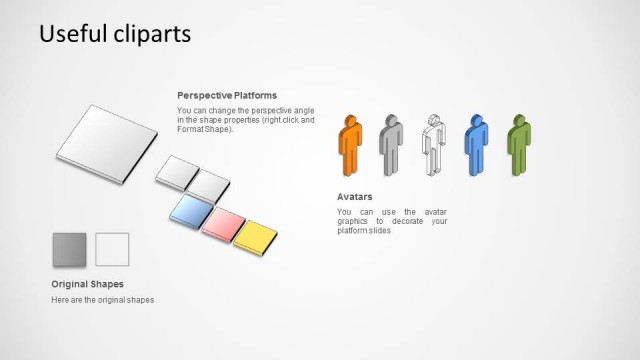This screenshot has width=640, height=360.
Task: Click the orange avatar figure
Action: [350, 147]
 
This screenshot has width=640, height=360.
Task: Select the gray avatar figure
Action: [390, 147]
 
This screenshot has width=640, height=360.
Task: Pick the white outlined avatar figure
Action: [432, 147]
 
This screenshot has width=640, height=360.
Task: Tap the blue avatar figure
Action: [476, 147]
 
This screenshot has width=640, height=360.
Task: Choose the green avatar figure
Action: [518, 147]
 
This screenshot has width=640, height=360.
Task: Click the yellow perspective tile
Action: [256, 235]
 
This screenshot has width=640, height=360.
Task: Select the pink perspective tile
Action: [223, 223]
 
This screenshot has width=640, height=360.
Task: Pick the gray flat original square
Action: [69, 249]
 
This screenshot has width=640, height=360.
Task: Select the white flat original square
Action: [112, 249]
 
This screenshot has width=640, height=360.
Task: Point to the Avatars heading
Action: [355, 197]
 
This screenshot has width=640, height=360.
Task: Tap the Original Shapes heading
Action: [87, 284]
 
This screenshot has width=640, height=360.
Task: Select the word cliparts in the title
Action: [151, 34]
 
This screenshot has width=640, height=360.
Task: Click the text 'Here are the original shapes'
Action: [102, 300]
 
